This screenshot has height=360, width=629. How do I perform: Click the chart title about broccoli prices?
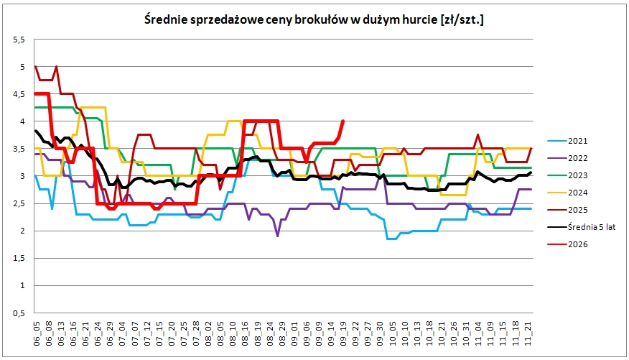tap(314, 19)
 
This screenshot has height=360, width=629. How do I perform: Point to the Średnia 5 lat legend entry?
tap(582, 227)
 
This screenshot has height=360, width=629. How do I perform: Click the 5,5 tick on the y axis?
tap(19, 40)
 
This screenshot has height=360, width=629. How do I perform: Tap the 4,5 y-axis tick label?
tap(19, 94)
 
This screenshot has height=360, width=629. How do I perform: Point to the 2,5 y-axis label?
tap(19, 203)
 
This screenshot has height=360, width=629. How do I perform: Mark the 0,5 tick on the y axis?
tap(19, 313)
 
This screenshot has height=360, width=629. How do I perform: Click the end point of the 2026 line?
tap(343, 121)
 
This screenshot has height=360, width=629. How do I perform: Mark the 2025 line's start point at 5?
tap(36, 67)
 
